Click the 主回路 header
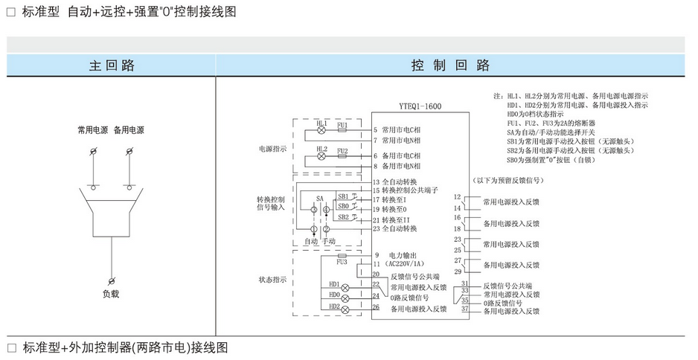[112, 65]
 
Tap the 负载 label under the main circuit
[111, 293]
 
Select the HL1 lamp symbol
[321, 130]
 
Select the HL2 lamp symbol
[321, 157]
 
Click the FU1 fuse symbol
[342, 130]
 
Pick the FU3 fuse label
[342, 262]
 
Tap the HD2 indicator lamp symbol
[345, 307]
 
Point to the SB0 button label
[343, 206]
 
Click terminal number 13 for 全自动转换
[377, 181]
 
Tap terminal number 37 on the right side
[465, 309]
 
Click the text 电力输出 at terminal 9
[403, 255]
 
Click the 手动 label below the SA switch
[328, 242]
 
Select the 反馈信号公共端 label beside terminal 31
[508, 285]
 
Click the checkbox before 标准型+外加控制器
[11, 347]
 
